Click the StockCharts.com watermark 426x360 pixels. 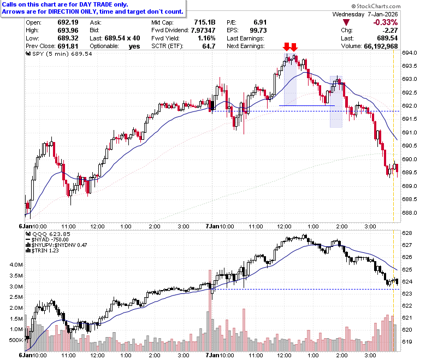pos(376,6)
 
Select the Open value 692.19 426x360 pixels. pos(68,22)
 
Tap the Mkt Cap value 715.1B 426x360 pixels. pos(205,22)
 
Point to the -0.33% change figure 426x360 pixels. pos(385,22)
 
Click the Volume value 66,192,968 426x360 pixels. pos(381,46)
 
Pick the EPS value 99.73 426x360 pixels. pos(258,30)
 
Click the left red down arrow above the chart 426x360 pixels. pos(286,47)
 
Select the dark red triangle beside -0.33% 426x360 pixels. pos(346,22)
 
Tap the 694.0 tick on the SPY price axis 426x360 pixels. pos(410,52)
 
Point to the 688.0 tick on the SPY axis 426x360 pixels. pos(410,213)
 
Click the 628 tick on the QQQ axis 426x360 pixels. pos(407,233)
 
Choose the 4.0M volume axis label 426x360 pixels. pos(16,264)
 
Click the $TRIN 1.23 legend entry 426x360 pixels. pos(42,251)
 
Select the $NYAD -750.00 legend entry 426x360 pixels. pos(47,240)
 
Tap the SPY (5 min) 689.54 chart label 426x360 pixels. pos(59,54)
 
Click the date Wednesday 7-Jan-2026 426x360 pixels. pos(365,14)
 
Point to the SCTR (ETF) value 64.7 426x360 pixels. pos(209,46)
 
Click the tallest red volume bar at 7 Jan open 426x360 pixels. pos(210,310)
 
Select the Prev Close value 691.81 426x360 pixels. pos(68,46)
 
